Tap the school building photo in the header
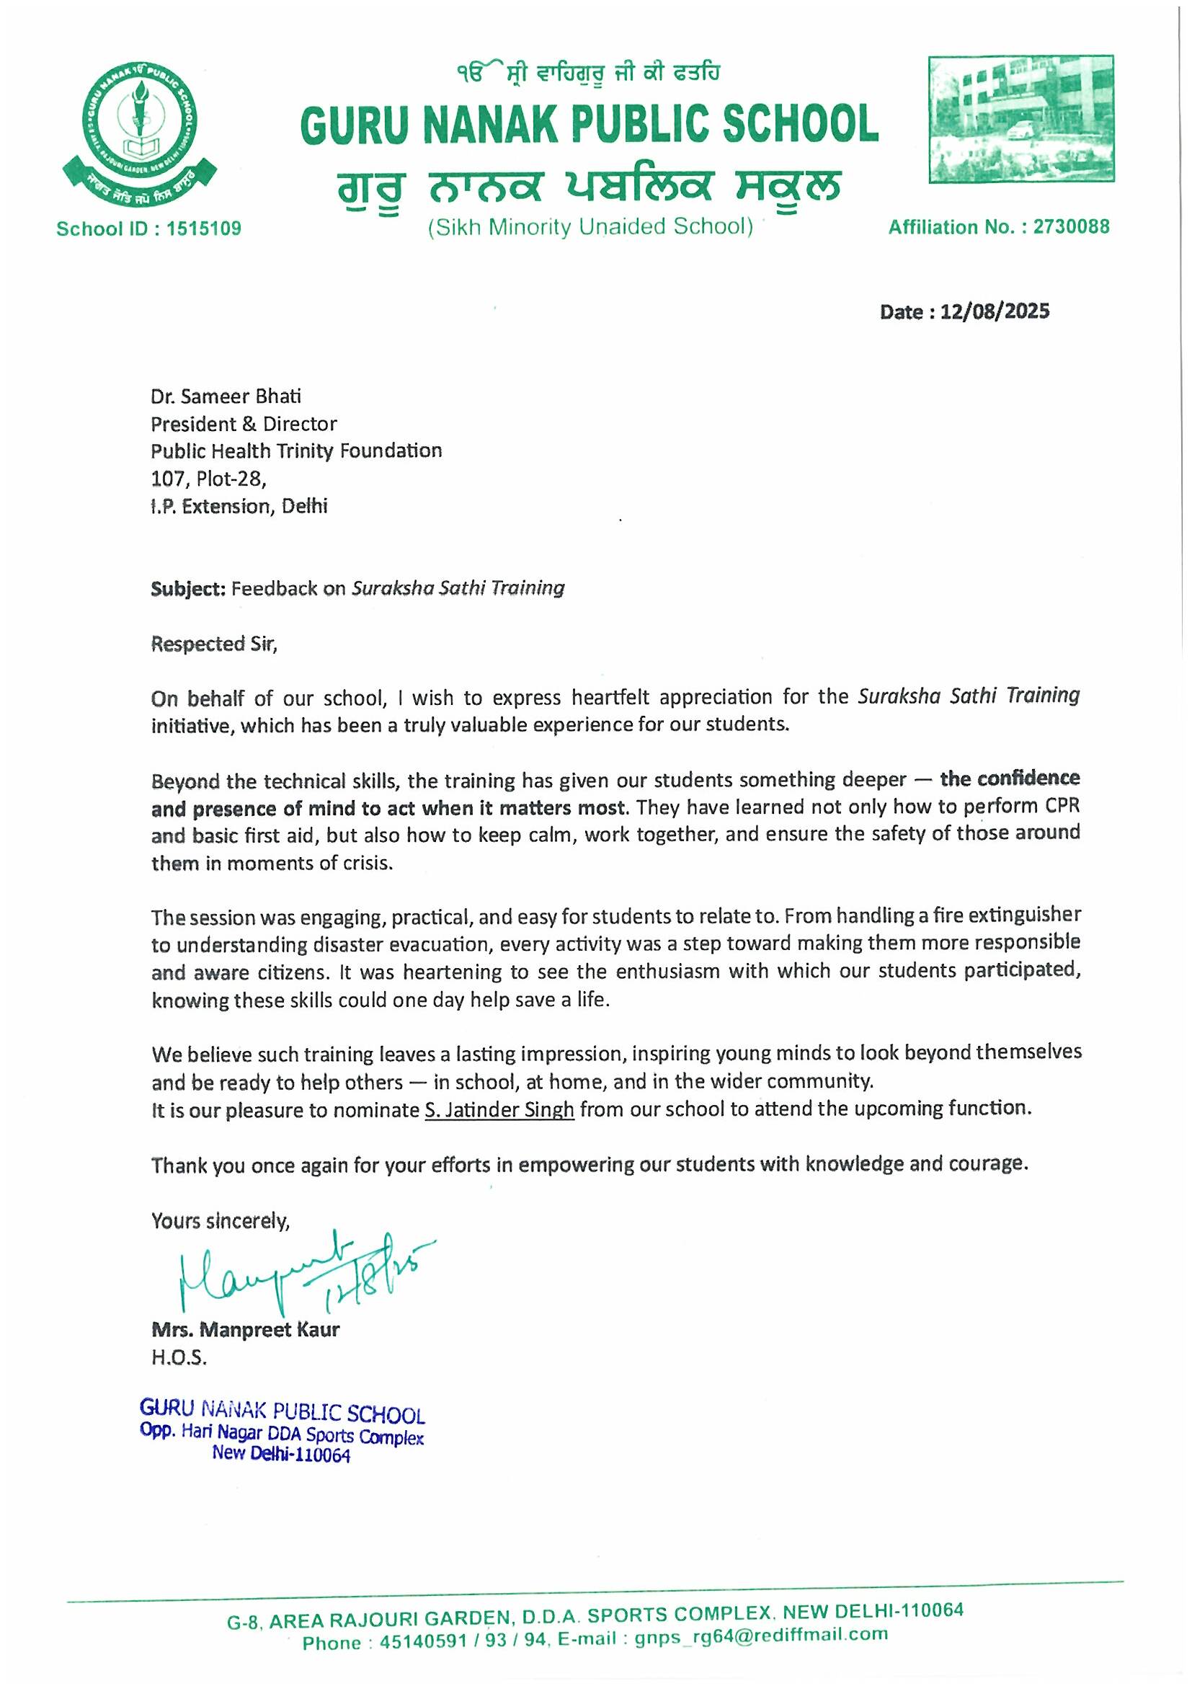coord(1020,119)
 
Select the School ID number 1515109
coord(203,229)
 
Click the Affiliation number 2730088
coord(1071,227)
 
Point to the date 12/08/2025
coord(995,312)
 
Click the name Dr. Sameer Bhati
coord(226,396)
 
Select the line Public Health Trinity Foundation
coord(296,451)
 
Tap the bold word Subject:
coord(188,588)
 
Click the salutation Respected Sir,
coord(214,644)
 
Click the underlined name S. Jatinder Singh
coord(499,1109)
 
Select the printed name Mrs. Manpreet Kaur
coord(245,1329)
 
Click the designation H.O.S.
coord(179,1358)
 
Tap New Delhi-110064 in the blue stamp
coord(281,1454)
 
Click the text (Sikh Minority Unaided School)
coord(591,227)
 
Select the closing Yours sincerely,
coord(221,1220)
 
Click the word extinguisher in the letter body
coord(1025,915)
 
